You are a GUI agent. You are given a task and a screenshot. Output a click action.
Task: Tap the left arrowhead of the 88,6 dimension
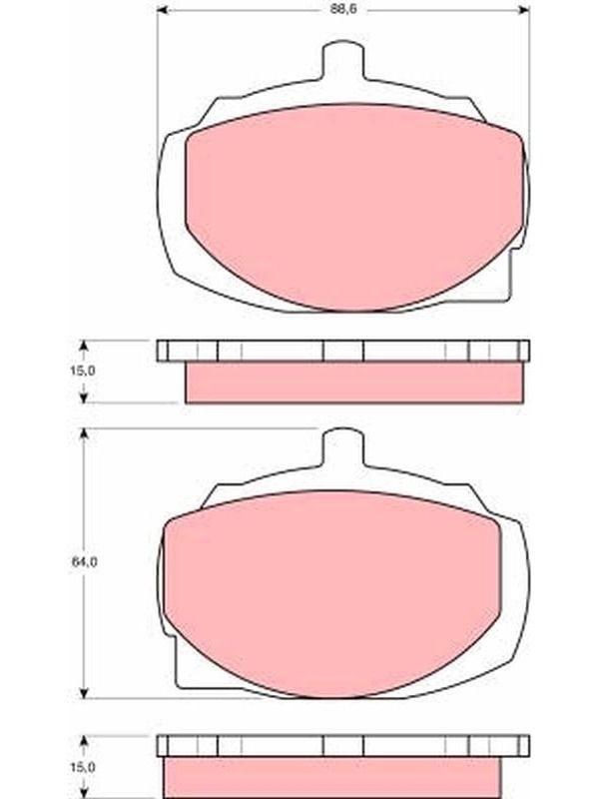pos(162,10)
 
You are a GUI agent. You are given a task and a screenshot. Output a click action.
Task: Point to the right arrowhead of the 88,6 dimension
pos(524,10)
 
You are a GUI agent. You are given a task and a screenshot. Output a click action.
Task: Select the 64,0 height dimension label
pos(84,562)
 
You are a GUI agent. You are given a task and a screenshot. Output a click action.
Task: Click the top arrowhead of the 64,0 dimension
pos(84,433)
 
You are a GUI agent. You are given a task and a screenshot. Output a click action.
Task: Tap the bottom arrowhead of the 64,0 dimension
pos(84,692)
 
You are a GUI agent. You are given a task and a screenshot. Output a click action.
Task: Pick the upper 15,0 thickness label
pos(82,371)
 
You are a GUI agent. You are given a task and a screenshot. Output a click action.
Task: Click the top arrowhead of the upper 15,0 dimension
pos(84,346)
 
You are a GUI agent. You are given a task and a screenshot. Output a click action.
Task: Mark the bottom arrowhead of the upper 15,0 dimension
pos(84,397)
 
